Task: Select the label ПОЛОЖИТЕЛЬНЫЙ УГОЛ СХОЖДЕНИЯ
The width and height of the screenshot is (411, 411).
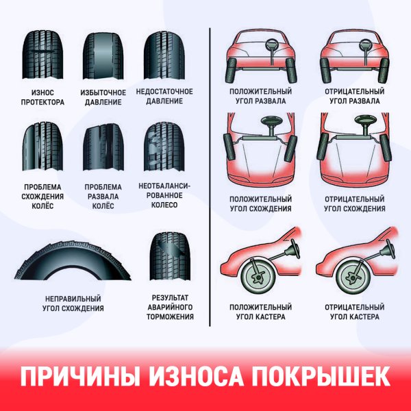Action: tap(261, 204)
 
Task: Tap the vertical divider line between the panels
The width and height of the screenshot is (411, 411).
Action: tap(209, 171)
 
